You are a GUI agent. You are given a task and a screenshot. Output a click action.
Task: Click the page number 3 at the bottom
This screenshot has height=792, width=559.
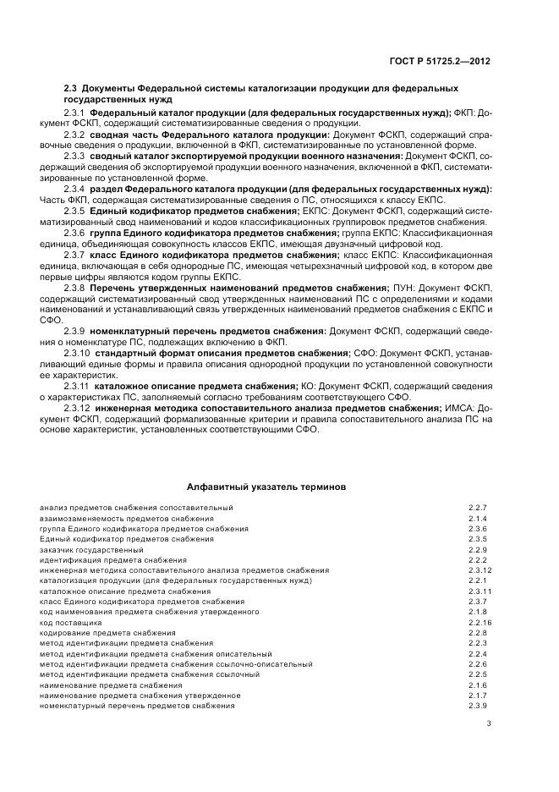tap(489, 723)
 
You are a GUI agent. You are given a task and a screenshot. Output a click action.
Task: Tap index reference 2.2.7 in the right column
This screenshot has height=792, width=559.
tap(478, 508)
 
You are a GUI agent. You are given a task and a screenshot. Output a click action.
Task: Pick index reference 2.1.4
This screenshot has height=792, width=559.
tap(478, 518)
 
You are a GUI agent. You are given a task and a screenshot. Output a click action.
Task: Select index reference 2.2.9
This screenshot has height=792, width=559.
tap(478, 549)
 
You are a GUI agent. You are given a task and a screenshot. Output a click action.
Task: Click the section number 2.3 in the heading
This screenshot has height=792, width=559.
tap(71, 88)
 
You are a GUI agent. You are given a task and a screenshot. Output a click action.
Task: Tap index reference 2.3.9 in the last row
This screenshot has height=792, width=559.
tap(478, 706)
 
